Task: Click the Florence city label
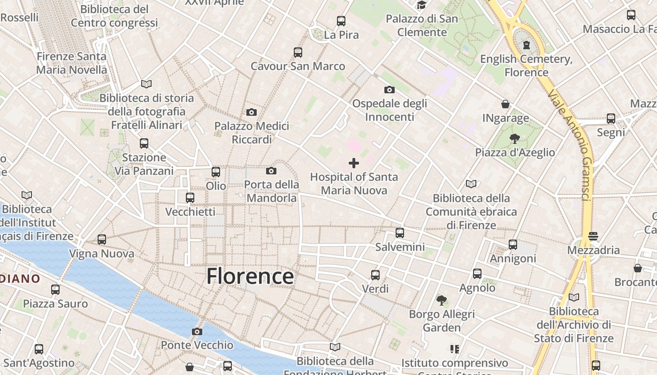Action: (x=250, y=276)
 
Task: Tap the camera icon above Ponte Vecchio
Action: (x=197, y=332)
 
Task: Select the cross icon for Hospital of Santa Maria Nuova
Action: (x=354, y=163)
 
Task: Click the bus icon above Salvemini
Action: (x=400, y=232)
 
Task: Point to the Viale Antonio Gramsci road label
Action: (x=568, y=145)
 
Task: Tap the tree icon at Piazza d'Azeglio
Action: (x=515, y=139)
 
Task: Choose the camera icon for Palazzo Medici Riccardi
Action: (x=252, y=112)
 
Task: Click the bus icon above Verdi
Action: (x=375, y=275)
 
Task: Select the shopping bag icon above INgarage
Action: (x=505, y=104)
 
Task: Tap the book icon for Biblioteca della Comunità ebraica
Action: (x=471, y=184)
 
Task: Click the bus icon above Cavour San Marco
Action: (x=298, y=52)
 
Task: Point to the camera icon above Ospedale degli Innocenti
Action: (x=390, y=90)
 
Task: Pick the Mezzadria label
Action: (x=594, y=250)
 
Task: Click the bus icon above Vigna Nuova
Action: (x=102, y=240)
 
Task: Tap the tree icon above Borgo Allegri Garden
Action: (x=442, y=300)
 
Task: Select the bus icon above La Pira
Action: (x=341, y=21)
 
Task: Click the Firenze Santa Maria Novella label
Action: (x=71, y=63)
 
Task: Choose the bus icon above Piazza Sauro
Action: (x=55, y=290)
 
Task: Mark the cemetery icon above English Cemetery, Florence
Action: (x=527, y=45)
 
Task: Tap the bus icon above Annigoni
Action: (x=513, y=245)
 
